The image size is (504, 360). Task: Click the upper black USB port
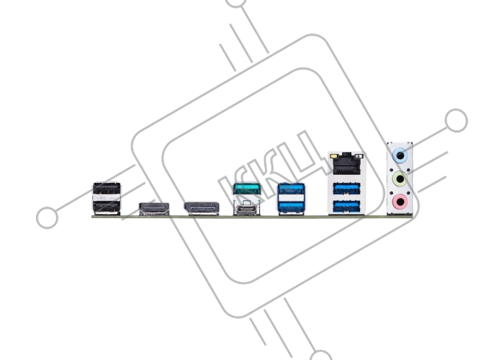(x=107, y=189)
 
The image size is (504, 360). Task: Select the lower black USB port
(x=107, y=207)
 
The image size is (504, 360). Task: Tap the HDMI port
(x=154, y=209)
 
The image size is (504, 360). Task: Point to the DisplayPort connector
(x=202, y=208)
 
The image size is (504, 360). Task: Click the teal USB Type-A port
(x=247, y=189)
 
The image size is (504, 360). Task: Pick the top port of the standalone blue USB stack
(x=291, y=189)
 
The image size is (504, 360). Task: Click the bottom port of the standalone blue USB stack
(x=291, y=207)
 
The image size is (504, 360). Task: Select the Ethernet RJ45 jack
(x=347, y=163)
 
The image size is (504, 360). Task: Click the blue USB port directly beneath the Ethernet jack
(x=347, y=189)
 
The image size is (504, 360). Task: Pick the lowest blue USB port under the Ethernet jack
(x=347, y=207)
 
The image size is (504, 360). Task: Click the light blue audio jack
(x=400, y=156)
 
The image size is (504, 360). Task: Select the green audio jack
(x=400, y=179)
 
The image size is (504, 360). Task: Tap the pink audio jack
(x=400, y=202)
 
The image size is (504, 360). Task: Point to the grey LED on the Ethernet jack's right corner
(x=359, y=156)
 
